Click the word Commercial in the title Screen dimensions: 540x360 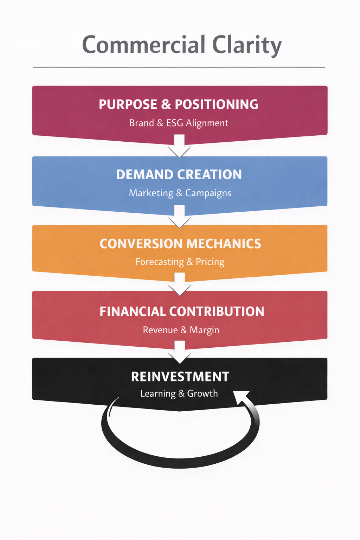click(143, 45)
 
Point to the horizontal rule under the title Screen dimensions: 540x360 click(179, 67)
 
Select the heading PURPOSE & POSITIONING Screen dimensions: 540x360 click(179, 104)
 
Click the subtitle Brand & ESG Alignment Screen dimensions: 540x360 click(179, 123)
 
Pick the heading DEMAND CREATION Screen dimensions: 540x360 click(179, 175)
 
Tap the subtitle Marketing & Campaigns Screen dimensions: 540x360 click(180, 193)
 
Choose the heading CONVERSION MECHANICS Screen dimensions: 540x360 click(180, 244)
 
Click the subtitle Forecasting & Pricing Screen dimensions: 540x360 click(180, 262)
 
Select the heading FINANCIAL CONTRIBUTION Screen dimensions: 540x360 click(182, 311)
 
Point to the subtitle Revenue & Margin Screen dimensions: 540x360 click(181, 330)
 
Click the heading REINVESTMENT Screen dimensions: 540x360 click(180, 377)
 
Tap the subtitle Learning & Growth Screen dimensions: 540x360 click(179, 393)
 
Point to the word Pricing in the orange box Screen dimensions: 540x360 click(210, 262)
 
